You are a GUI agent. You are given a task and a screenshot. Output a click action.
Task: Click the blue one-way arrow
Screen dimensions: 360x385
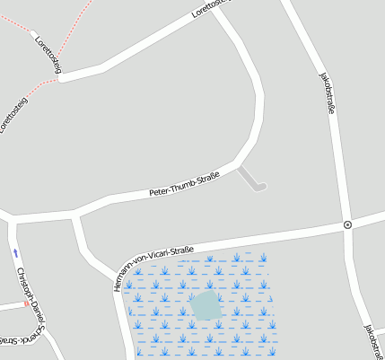pos(15,254)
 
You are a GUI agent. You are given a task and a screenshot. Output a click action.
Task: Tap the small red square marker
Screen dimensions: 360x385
pos(25,303)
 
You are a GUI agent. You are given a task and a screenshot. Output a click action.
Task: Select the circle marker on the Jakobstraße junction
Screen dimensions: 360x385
pos(347,224)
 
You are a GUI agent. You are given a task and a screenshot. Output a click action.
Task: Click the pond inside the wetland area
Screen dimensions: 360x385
pos(206,304)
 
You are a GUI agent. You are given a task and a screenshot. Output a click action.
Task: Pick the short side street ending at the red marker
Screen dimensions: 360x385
pos(11,306)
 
